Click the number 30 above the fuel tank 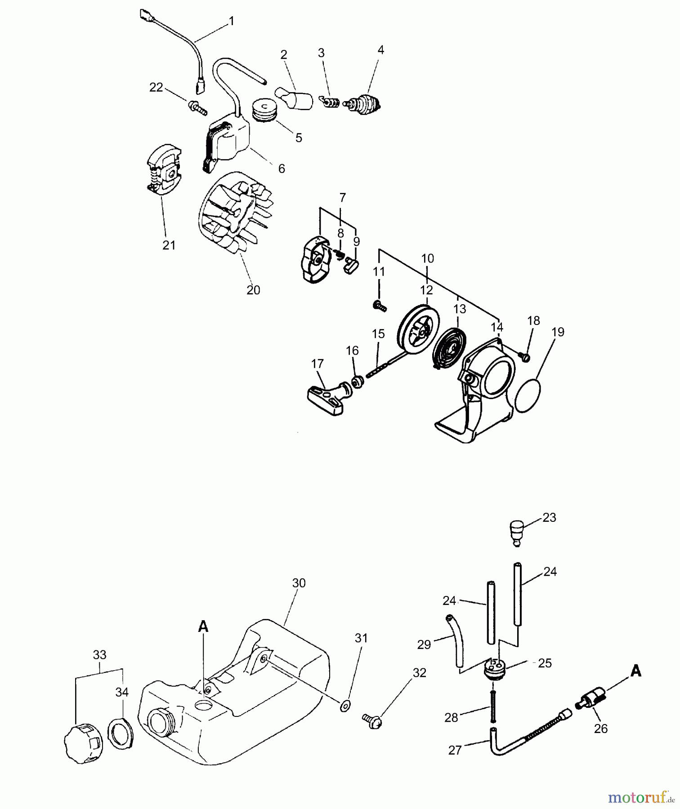pos(299,583)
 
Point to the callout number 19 pos(558,332)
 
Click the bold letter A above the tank pos(203,627)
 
